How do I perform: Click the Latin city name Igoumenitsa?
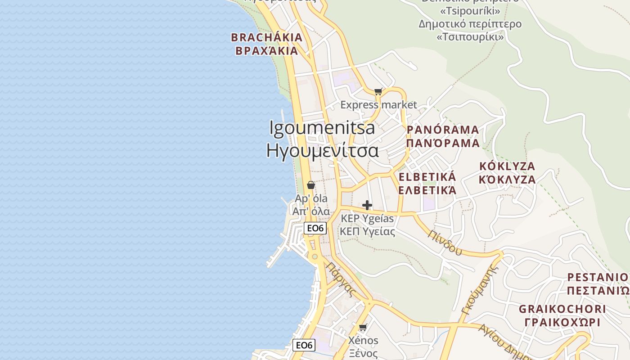(x=322, y=128)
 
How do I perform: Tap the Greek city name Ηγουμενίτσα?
(x=322, y=150)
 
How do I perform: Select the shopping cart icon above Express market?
(x=378, y=92)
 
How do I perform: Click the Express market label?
(x=378, y=105)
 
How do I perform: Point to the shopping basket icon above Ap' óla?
(x=310, y=185)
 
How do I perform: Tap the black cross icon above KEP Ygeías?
(x=367, y=206)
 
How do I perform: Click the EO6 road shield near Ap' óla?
(x=315, y=228)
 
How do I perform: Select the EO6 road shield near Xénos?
(x=304, y=345)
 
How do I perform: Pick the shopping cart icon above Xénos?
(x=363, y=327)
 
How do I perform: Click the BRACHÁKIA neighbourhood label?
(x=267, y=37)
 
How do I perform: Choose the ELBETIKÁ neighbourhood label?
(x=427, y=177)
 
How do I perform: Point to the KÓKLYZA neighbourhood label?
(x=507, y=166)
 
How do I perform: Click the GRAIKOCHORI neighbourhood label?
(x=562, y=309)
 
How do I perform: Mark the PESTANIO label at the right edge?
(x=598, y=277)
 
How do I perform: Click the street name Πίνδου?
(x=445, y=243)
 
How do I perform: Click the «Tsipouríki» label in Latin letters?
(x=470, y=10)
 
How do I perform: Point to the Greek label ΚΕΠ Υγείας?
(x=367, y=232)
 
